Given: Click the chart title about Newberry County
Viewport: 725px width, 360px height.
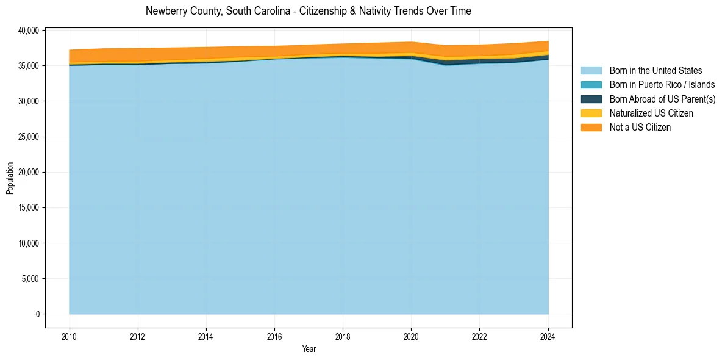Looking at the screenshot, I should point(308,11).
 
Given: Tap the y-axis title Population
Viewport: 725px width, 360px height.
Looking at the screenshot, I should point(10,178).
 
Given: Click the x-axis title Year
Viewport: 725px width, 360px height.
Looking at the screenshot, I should point(309,349).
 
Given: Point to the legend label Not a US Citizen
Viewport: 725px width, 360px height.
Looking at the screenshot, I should point(640,128).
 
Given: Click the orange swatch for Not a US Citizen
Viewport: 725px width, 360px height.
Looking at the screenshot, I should point(591,128).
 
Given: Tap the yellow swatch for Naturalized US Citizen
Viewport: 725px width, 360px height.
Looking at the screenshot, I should point(591,113).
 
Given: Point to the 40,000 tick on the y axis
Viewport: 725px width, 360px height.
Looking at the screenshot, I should point(29,30).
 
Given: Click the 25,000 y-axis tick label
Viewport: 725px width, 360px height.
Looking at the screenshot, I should point(29,137).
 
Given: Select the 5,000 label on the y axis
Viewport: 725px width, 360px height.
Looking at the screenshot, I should point(30,279).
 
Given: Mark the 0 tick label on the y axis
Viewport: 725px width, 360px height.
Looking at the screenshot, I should point(37,314).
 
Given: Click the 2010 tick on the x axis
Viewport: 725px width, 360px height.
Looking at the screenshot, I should point(70,336).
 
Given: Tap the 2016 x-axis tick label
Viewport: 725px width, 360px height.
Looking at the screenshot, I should point(274,336).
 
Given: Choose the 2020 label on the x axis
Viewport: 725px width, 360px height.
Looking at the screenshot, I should point(411,336).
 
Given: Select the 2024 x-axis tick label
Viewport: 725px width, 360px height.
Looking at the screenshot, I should point(548,336).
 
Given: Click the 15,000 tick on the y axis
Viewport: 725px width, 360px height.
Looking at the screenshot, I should point(29,207).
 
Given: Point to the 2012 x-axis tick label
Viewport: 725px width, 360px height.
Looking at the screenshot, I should point(138,336).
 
